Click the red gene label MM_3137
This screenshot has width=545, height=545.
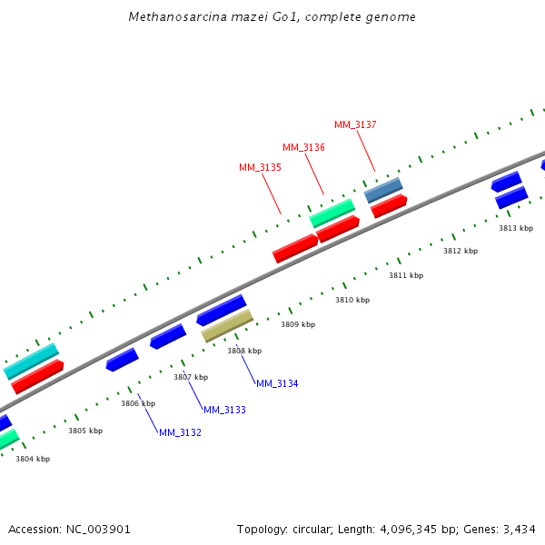click(355, 124)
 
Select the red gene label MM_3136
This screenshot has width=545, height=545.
click(303, 147)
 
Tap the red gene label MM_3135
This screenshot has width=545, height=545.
click(260, 167)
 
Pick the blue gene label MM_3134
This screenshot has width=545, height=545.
click(277, 383)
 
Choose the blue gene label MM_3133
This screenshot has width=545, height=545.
click(224, 410)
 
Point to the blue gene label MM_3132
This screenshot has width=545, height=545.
click(180, 432)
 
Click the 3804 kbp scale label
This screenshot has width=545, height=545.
click(33, 459)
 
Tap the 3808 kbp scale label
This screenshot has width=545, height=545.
click(244, 351)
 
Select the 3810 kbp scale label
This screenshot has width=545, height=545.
click(352, 300)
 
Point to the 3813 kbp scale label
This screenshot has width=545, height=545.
click(516, 228)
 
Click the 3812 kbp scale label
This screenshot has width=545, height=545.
click(461, 251)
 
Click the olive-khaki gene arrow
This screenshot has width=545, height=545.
click(227, 325)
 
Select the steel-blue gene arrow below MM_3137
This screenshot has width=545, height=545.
click(383, 190)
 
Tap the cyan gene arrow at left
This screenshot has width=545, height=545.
click(31, 361)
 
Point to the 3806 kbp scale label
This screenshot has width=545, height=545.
click(138, 403)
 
